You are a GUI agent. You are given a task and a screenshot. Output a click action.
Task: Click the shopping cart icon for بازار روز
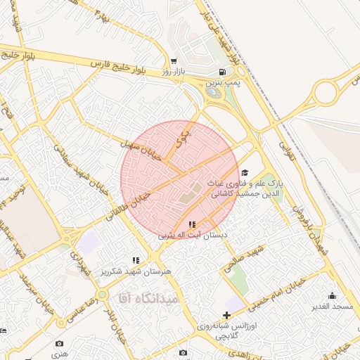pyautogui.click(x=174, y=61)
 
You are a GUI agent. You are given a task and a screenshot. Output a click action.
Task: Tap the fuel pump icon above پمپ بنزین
pyautogui.click(x=223, y=72)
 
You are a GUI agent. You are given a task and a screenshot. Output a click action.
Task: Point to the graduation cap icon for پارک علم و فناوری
pyautogui.click(x=245, y=172)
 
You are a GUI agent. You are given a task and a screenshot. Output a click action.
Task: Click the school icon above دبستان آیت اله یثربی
pyautogui.click(x=192, y=224)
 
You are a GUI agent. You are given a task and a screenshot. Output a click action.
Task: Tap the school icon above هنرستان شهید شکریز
pyautogui.click(x=136, y=260)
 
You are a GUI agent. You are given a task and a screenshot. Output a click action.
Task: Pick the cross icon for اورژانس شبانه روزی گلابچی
pyautogui.click(x=226, y=315)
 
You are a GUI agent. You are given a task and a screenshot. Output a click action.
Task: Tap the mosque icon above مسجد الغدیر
pyautogui.click(x=333, y=295)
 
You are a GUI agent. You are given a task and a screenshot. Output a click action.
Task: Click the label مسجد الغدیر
pyautogui.click(x=333, y=307)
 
